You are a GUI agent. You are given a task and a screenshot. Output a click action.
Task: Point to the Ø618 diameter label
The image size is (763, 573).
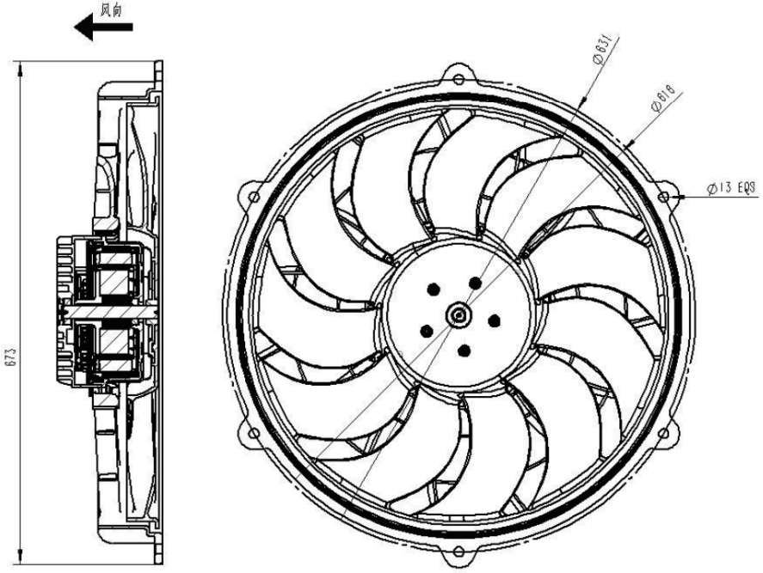662,97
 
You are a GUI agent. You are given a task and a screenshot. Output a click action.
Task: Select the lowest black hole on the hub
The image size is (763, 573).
464,350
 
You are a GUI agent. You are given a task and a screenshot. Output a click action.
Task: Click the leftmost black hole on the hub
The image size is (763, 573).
425,328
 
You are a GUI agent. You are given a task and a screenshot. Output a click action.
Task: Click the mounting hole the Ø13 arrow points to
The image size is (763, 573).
663,198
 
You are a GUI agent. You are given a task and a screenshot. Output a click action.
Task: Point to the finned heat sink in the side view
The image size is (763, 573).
67,313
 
